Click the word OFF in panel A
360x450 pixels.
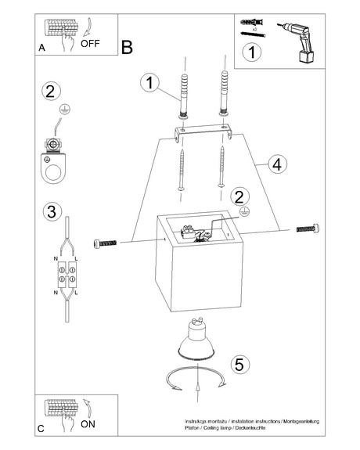point(90,44)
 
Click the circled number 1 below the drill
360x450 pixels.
point(250,53)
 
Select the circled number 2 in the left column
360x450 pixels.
point(49,91)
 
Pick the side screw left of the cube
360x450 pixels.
point(108,243)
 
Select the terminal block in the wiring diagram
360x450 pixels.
point(65,273)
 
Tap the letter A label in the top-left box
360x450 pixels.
point(41,48)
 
